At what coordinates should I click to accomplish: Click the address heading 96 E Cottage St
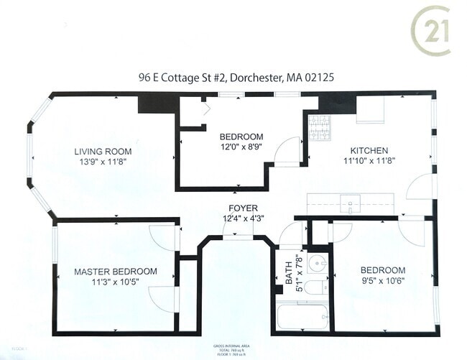click(x=233, y=76)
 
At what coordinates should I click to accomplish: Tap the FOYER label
click(x=244, y=208)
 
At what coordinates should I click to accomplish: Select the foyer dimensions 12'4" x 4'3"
click(x=244, y=218)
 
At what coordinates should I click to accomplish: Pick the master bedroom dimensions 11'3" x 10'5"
click(x=116, y=282)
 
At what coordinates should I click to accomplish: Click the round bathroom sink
click(x=317, y=263)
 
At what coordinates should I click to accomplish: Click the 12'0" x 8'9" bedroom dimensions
click(x=241, y=147)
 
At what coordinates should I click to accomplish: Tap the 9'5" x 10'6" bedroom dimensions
click(x=383, y=281)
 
